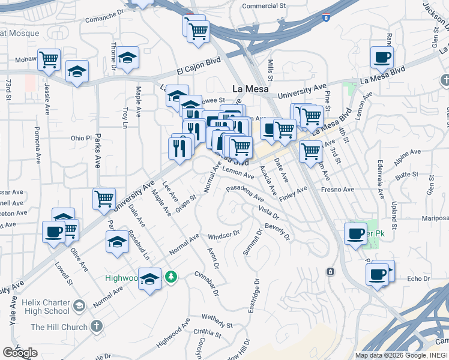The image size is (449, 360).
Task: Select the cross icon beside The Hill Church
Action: coord(95,327)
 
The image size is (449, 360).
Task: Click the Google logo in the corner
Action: coord(20,353)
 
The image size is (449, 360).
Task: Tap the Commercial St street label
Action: coord(264,6)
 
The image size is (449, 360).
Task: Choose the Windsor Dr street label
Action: coord(224,235)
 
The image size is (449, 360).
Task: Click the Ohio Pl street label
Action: coord(80,137)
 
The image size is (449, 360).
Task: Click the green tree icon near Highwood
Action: coord(172,277)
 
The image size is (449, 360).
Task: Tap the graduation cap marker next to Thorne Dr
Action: coord(128,58)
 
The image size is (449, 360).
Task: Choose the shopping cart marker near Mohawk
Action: coord(49,59)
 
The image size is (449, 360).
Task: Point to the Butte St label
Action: coord(407,173)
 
